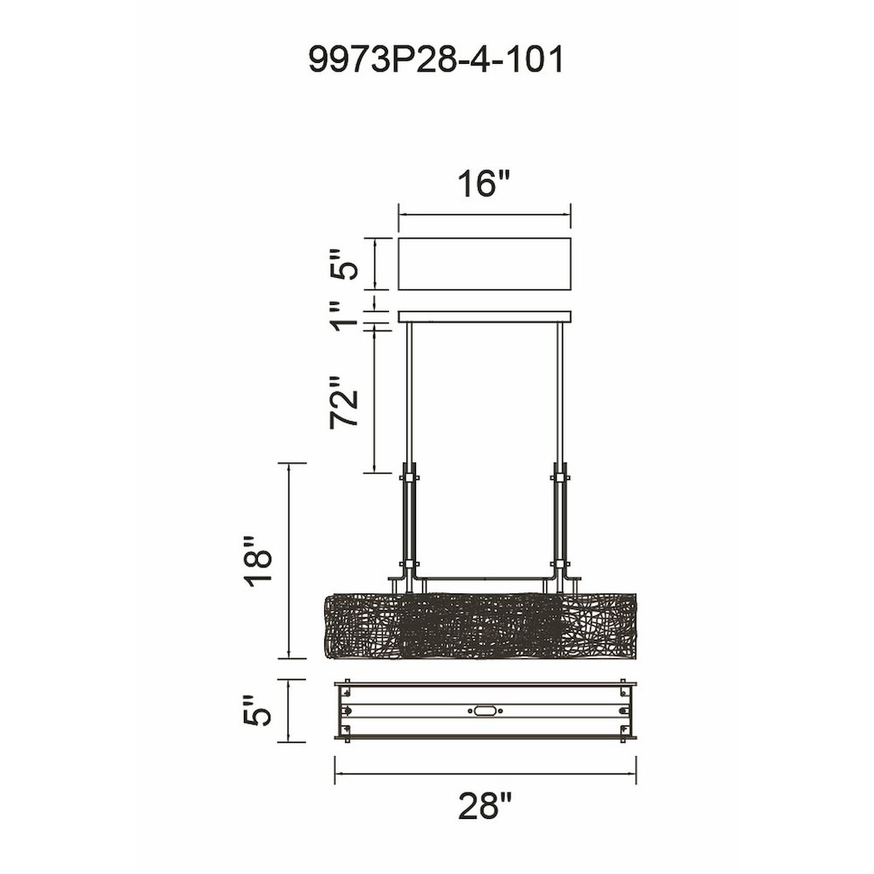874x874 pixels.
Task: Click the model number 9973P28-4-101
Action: pos(436,59)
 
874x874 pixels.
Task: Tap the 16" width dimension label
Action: pos(484,184)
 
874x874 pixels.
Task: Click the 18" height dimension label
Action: pos(257,559)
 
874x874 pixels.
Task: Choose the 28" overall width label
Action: pos(484,806)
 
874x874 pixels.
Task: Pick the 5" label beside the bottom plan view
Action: pos(257,711)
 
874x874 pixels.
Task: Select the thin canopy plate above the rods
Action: pos(484,316)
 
